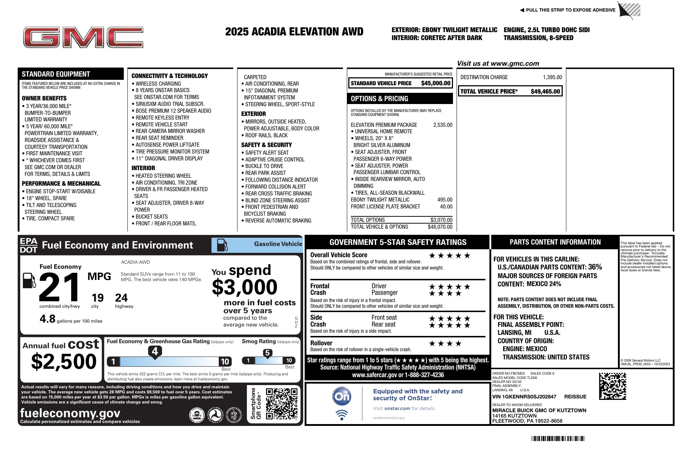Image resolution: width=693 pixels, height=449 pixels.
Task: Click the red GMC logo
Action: [x=83, y=37]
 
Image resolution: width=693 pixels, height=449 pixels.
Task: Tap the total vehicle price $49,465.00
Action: [x=545, y=91]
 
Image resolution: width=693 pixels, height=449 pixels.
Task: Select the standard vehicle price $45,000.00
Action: [x=436, y=83]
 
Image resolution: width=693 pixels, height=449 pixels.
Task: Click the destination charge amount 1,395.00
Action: [x=552, y=77]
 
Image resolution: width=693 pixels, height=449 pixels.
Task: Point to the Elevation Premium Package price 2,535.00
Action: [x=443, y=125]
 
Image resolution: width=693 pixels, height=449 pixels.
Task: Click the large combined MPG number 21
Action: [x=60, y=288]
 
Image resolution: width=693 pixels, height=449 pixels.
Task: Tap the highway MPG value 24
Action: [x=121, y=298]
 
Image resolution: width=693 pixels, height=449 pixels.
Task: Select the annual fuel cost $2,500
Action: [x=64, y=362]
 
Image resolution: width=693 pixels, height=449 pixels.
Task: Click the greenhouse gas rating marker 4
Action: [x=155, y=351]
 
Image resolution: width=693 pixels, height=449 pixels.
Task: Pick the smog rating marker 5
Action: [x=267, y=353]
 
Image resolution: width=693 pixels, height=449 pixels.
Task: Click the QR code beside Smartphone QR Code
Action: [x=282, y=403]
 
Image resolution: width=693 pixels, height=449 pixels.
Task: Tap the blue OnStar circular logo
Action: [x=341, y=396]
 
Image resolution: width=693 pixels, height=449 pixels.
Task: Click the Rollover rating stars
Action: [x=445, y=344]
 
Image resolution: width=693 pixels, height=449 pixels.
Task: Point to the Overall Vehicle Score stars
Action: [x=449, y=256]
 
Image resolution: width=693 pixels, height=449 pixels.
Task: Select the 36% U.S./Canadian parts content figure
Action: [x=595, y=267]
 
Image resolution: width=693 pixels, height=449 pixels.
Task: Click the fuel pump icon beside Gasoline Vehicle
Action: [x=222, y=245]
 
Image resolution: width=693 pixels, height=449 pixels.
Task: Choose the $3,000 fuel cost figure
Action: [x=244, y=288]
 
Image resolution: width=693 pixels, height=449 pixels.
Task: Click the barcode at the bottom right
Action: [x=558, y=439]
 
